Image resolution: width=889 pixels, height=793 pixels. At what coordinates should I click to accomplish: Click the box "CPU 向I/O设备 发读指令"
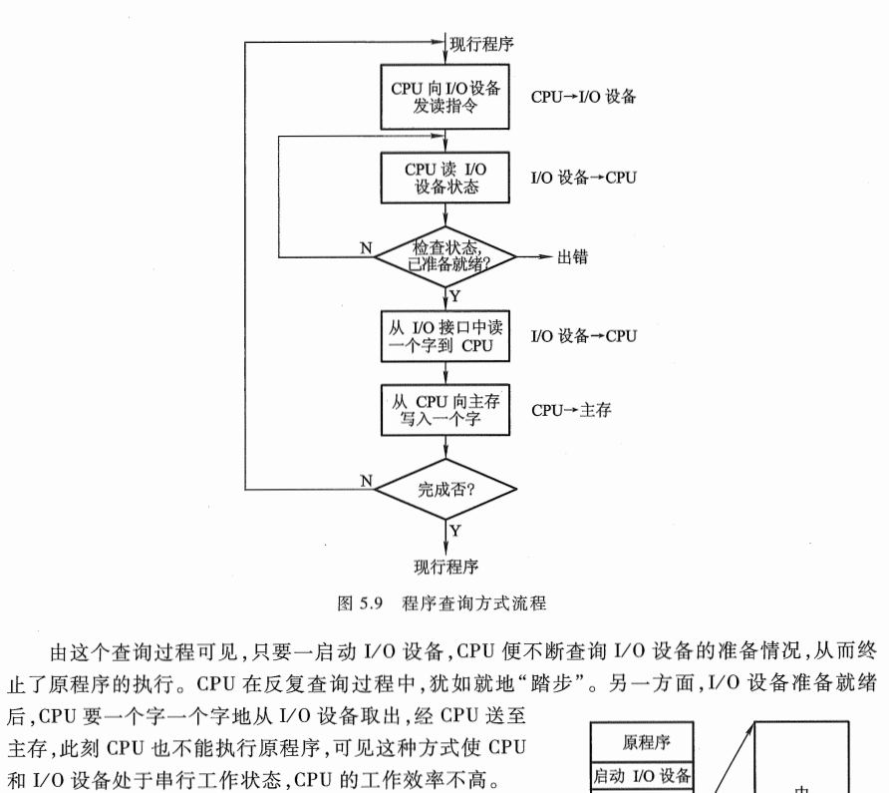point(445,97)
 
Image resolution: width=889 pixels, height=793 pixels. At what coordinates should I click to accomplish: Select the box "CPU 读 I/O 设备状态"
point(445,178)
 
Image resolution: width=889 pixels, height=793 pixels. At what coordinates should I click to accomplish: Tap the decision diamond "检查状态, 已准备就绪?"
point(445,256)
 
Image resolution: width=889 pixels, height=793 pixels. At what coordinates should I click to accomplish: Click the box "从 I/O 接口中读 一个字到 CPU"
point(445,336)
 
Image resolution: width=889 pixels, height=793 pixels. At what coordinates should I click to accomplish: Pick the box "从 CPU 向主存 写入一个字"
point(445,409)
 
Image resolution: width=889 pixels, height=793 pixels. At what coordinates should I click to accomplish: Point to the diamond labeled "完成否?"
point(445,489)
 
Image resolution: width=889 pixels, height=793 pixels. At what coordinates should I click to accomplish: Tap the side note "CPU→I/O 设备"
point(583,98)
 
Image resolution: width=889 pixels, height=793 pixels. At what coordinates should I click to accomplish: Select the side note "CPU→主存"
point(570,410)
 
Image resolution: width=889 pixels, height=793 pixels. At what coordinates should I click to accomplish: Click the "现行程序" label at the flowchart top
point(482,43)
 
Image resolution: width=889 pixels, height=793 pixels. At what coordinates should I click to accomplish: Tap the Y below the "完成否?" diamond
point(455,531)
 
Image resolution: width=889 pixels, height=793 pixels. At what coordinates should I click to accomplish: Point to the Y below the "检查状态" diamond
point(455,297)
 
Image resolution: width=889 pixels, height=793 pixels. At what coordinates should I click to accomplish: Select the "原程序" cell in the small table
point(644,743)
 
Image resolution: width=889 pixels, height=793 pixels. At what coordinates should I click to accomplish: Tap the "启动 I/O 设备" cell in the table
point(644,775)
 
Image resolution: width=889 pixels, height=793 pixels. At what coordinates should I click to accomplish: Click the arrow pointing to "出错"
point(535,257)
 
